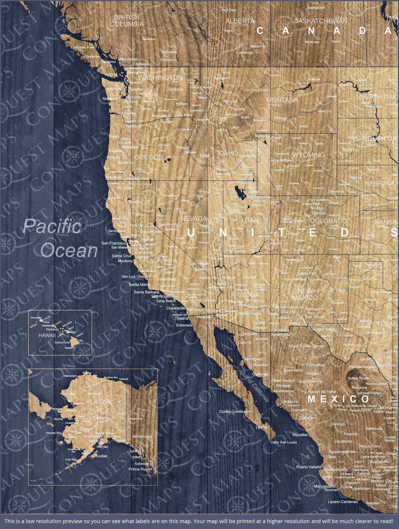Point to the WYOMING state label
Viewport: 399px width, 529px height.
coord(308,155)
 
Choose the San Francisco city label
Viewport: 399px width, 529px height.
coord(114,243)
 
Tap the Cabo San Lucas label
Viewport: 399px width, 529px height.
coord(283,442)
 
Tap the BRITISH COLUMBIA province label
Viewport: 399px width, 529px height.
coord(126,21)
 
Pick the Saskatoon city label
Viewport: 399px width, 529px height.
coord(316,8)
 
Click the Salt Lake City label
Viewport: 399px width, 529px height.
coord(259,197)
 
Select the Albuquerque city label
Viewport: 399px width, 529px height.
coord(296,279)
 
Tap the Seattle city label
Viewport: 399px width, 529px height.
coord(136,89)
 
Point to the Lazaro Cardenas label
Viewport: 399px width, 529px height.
coord(343,502)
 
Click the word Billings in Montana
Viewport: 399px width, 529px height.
coord(281,118)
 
